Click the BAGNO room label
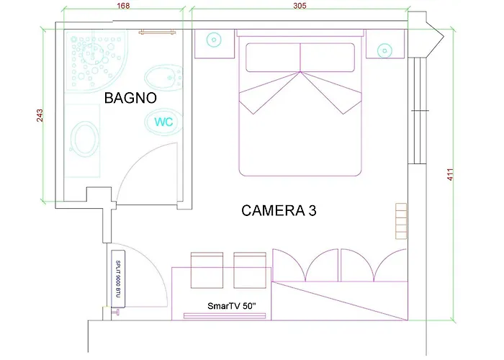coord(130,98)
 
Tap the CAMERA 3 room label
coord(279,210)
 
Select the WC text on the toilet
coord(163,122)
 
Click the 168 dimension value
coord(123,6)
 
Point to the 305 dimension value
coord(300,6)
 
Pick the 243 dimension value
coord(40,115)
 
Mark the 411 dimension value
coord(450,174)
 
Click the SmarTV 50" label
coord(232,306)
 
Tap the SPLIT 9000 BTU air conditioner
coord(118,279)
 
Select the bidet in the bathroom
coord(163,77)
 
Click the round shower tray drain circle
coord(93,54)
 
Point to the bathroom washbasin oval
coord(84,139)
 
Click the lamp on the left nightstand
coord(214,40)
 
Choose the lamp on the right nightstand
coord(384,50)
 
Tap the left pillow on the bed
coord(273,58)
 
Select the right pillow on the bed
coord(327,58)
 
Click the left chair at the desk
coord(207,270)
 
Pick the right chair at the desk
coord(250,270)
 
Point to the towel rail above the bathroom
coord(157,32)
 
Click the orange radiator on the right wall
coord(401,221)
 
